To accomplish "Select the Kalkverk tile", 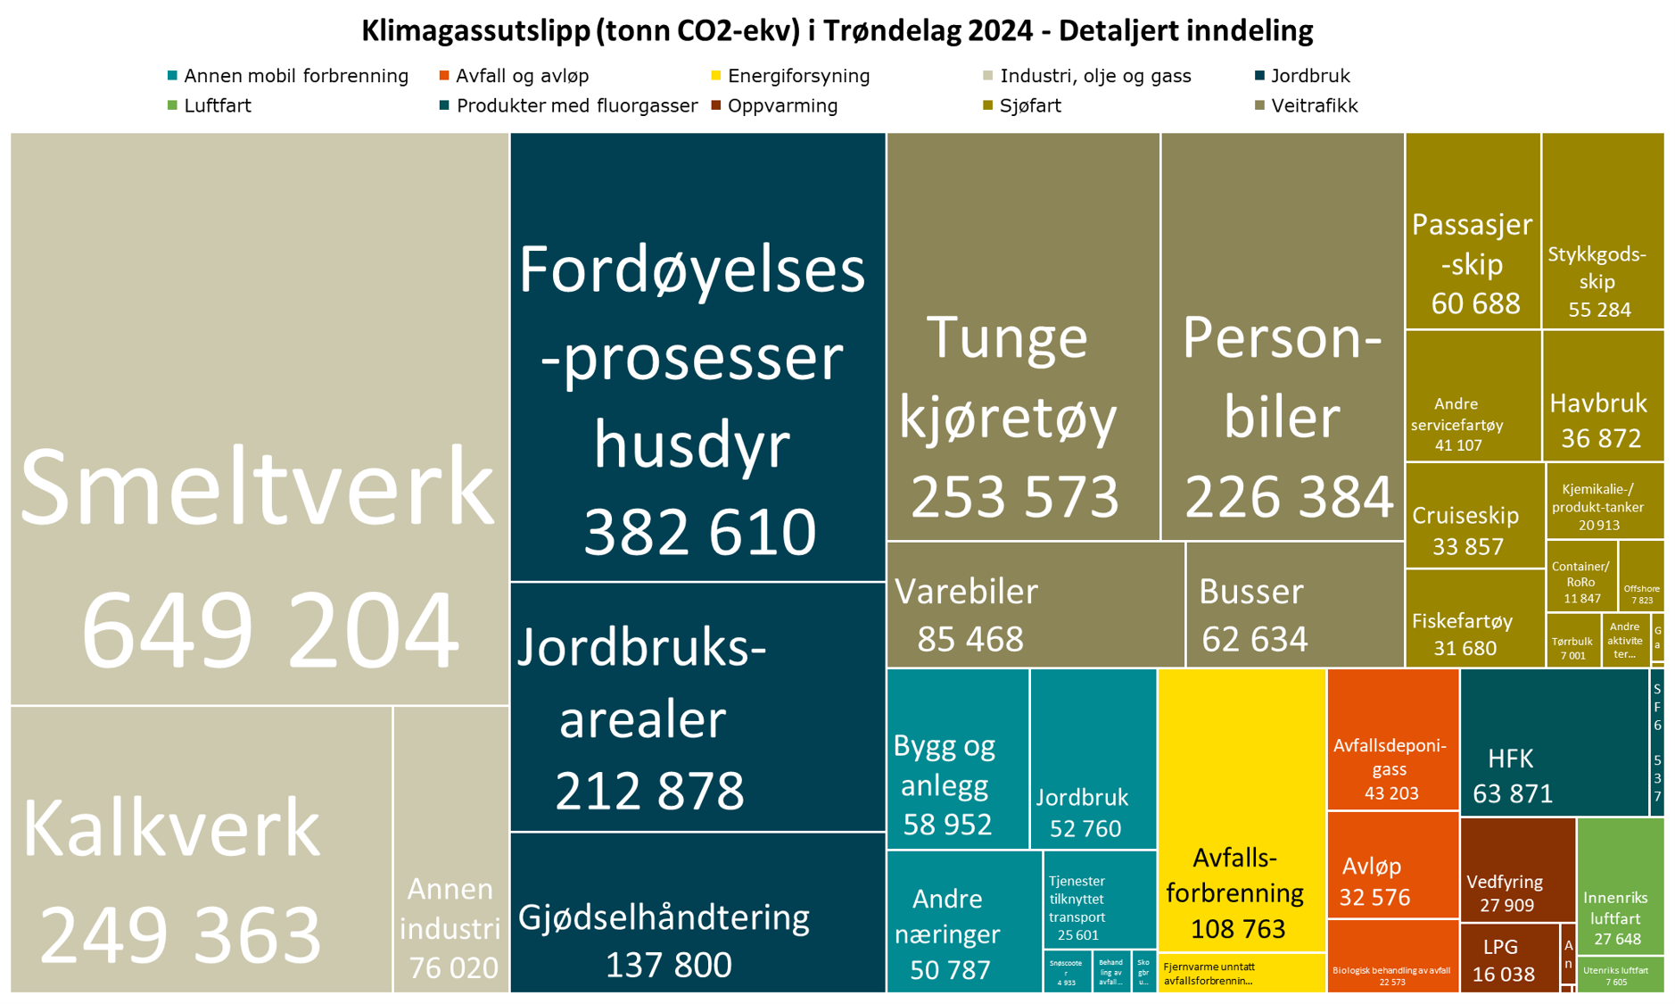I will coord(201,848).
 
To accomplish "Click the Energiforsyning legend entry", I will coord(797,76).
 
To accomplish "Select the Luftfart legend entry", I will coord(217,105).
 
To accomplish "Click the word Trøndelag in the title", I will coord(902,30).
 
